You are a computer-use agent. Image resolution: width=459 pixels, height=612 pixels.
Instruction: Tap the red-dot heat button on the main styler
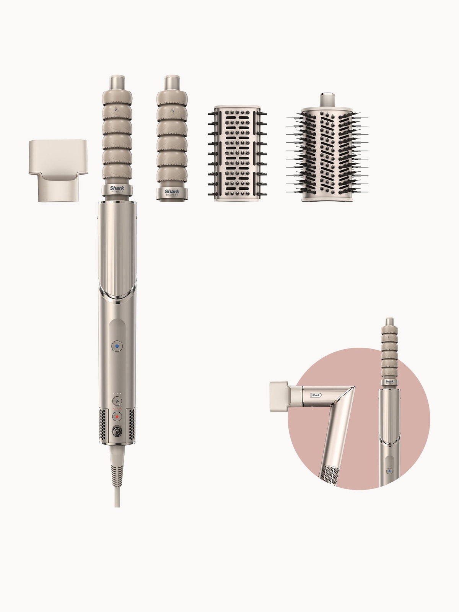click(117, 416)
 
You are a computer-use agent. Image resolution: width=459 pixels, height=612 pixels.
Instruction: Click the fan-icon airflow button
click(117, 401)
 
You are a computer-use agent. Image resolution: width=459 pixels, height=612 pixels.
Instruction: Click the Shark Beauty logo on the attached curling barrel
click(117, 189)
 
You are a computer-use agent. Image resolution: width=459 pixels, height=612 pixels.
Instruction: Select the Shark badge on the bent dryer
click(316, 395)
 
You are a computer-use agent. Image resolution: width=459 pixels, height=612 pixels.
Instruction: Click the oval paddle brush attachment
click(234, 153)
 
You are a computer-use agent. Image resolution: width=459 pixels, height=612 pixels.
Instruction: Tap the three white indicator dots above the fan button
click(117, 393)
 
